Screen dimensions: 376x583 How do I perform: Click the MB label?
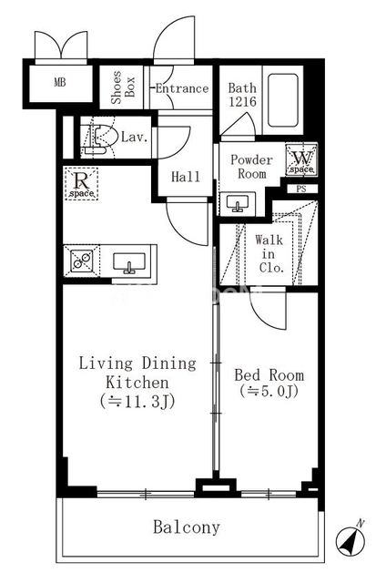pyautogui.click(x=60, y=82)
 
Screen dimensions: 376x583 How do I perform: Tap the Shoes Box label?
pyautogui.click(x=123, y=87)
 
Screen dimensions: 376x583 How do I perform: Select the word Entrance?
pyautogui.click(x=182, y=88)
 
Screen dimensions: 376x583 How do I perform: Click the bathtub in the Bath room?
pyautogui.click(x=283, y=100)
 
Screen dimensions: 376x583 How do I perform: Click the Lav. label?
pyautogui.click(x=135, y=137)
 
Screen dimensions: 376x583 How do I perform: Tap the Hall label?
pyautogui.click(x=186, y=176)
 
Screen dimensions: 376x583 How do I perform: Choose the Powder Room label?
pyautogui.click(x=251, y=167)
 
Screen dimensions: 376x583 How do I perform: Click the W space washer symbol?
pyautogui.click(x=301, y=160)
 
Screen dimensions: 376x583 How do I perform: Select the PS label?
pyautogui.click(x=301, y=189)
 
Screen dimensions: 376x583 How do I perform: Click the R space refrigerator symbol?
pyautogui.click(x=81, y=184)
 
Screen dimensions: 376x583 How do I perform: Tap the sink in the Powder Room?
pyautogui.click(x=238, y=203)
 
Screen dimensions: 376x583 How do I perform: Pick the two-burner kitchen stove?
pyautogui.click(x=82, y=261)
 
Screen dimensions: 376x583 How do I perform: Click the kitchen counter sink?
pyautogui.click(x=129, y=262)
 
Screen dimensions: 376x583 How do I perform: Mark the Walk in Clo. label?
pyautogui.click(x=269, y=254)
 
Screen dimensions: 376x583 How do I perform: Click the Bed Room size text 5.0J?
pyautogui.click(x=269, y=391)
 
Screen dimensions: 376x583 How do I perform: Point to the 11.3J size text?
pyautogui.click(x=137, y=402)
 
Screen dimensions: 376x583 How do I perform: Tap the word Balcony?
pyautogui.click(x=187, y=527)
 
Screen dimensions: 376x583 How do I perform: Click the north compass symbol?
pyautogui.click(x=351, y=539)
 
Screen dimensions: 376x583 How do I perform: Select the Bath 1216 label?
pyautogui.click(x=242, y=95)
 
